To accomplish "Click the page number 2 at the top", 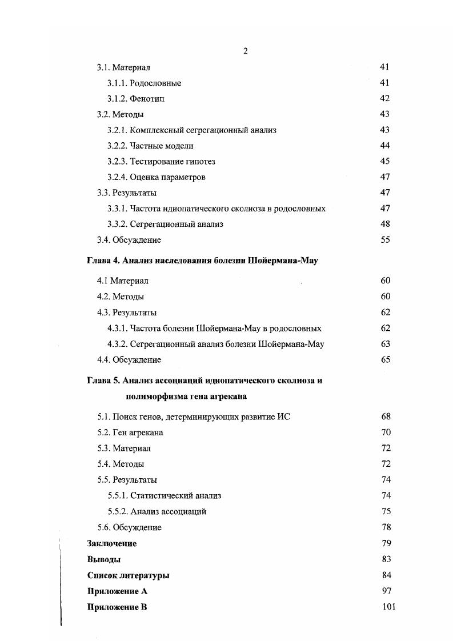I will pos(245,51).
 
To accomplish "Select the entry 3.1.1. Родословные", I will pos(144,83).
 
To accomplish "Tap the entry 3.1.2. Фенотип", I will pos(135,99).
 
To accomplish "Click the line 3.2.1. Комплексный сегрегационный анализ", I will pos(191,130).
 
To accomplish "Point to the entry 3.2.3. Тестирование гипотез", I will pos(161,162).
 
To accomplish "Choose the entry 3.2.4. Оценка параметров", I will pos(156,177).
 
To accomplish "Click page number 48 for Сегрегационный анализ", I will pos(385,224).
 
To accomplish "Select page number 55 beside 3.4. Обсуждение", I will pos(385,240).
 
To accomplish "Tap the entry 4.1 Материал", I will pos(122,281).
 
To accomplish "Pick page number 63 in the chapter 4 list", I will pos(385,344).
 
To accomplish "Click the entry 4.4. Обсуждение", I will pos(129,360).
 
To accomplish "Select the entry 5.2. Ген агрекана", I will pos(130,432).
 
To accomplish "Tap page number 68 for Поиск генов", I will pos(385,416).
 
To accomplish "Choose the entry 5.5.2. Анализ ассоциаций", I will pos(157,511).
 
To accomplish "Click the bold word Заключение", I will pos(112,543).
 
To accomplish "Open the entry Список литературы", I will pos(128,575).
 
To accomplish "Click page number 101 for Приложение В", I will pos(388,607).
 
